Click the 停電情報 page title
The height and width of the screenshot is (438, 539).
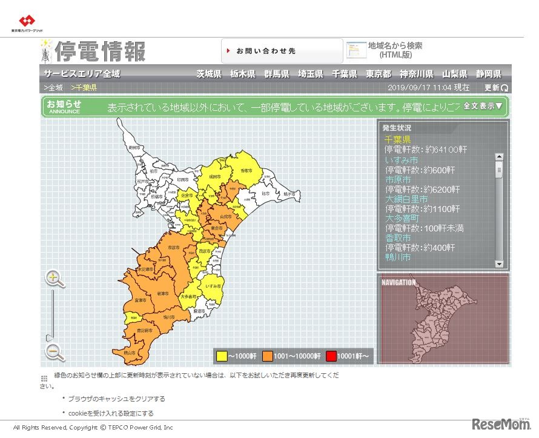[x=101, y=51]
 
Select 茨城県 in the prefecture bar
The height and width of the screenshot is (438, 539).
[x=208, y=75]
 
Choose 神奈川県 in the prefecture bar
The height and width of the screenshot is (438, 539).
[x=416, y=75]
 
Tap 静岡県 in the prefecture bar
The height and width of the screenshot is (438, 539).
[x=488, y=75]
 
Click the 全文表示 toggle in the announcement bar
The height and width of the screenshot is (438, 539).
[x=483, y=106]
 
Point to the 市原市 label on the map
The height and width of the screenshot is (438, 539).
[x=173, y=248]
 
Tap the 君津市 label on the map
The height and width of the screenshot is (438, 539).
[x=162, y=293]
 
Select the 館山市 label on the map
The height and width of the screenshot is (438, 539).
[x=128, y=353]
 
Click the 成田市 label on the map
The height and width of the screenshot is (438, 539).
[x=215, y=176]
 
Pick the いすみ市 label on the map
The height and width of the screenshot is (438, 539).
[x=213, y=285]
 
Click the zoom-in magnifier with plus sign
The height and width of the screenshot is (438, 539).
[x=55, y=279]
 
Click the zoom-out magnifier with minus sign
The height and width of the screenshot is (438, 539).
[x=55, y=352]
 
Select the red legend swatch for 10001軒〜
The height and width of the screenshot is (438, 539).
[x=331, y=356]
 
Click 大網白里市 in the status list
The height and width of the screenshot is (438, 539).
[x=406, y=199]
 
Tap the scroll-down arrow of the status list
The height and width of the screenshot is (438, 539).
[x=499, y=264]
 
